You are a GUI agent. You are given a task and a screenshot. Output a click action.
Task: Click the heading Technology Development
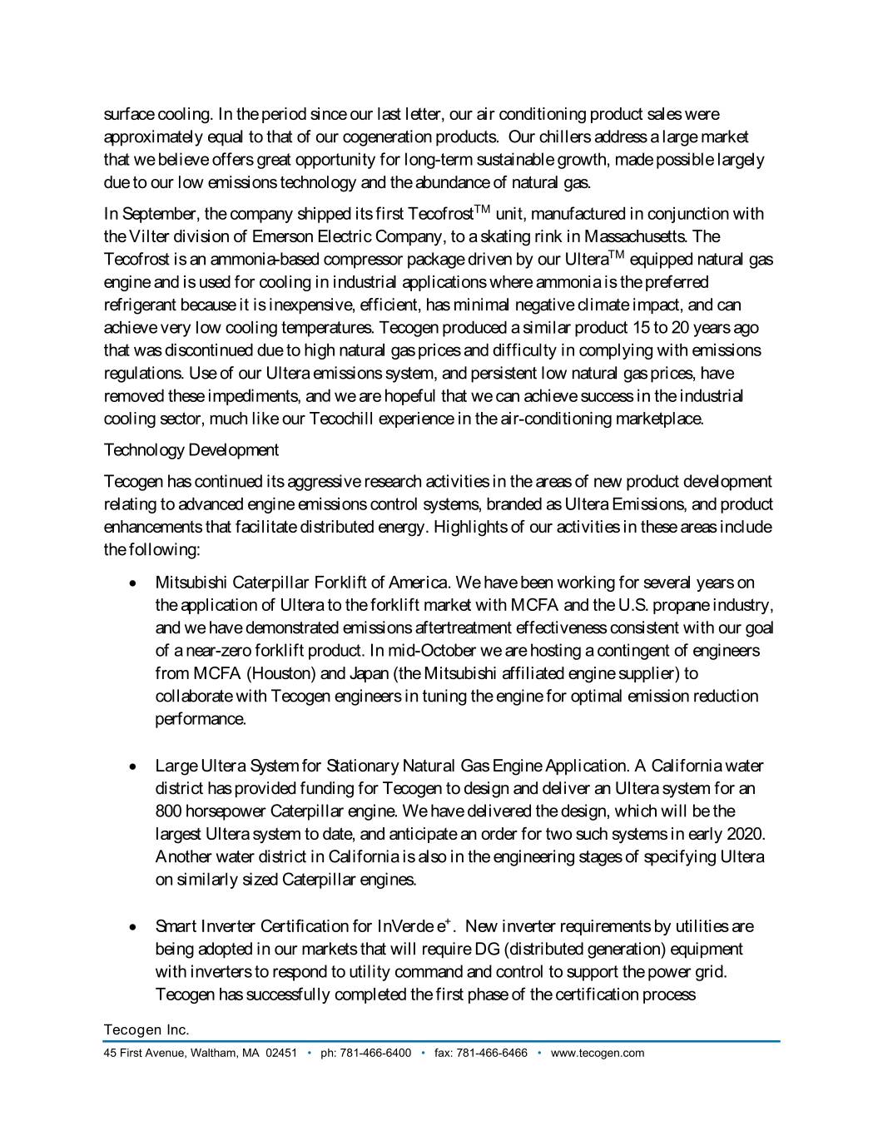pyautogui.click(x=191, y=450)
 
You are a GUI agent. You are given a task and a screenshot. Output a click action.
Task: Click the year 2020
pyautogui.click(x=745, y=834)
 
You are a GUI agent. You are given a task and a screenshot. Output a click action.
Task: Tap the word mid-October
pyautogui.click(x=429, y=651)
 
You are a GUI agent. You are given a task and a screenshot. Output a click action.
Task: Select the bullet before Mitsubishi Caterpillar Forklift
pyautogui.click(x=133, y=583)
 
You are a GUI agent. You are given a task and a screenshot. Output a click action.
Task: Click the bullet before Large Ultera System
pyautogui.click(x=133, y=766)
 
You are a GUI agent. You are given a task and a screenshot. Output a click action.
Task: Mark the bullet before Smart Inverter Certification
pyautogui.click(x=133, y=927)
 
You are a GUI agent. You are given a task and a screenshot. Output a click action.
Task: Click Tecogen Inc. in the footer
pyautogui.click(x=146, y=1030)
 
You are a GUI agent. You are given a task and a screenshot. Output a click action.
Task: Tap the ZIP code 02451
pyautogui.click(x=281, y=1053)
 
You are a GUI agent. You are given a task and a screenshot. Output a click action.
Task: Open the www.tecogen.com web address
pyautogui.click(x=598, y=1053)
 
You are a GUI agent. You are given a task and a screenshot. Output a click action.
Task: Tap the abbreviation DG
pyautogui.click(x=486, y=950)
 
